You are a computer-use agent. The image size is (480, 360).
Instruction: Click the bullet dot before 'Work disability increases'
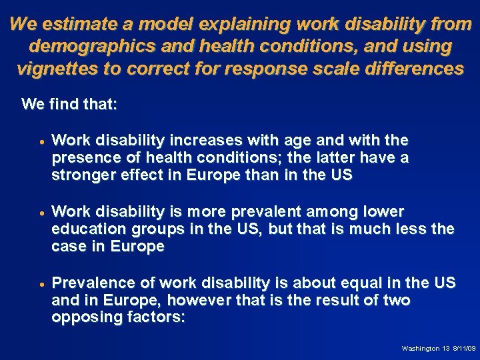tap(41, 142)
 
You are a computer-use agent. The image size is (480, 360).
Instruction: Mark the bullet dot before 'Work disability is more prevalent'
tap(41, 213)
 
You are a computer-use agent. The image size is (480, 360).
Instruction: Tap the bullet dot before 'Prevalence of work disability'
tap(41, 285)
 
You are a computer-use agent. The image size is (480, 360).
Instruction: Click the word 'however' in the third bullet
tap(199, 300)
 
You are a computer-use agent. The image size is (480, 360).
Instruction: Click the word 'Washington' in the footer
tap(419, 349)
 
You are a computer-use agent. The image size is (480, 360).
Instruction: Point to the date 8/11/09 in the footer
tap(463, 349)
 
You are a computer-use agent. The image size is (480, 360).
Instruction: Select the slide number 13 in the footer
tap(445, 349)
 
